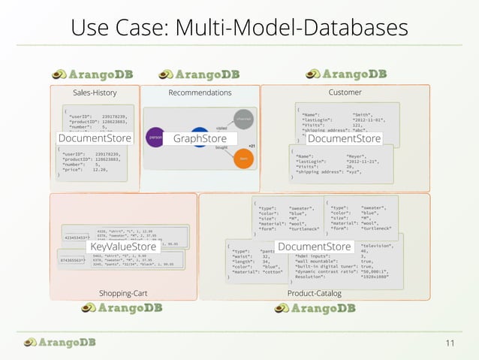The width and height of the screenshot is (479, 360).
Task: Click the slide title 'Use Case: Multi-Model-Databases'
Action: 239,28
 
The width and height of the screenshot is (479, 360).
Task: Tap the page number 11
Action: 450,343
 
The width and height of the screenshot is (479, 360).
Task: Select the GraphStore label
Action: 200,139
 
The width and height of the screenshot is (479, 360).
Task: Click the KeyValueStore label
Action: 123,247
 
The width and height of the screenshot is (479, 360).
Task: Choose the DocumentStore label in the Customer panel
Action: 345,138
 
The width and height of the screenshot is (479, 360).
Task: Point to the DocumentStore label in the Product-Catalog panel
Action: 314,247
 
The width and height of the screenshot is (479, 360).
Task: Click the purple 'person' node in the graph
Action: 156,138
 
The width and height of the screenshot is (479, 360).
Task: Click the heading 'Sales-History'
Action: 95,92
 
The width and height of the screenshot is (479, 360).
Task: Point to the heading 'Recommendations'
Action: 200,92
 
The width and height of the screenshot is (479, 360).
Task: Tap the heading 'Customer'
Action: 345,92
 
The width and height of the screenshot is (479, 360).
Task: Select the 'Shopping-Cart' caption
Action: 122,292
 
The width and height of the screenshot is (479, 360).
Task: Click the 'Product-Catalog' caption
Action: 315,292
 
